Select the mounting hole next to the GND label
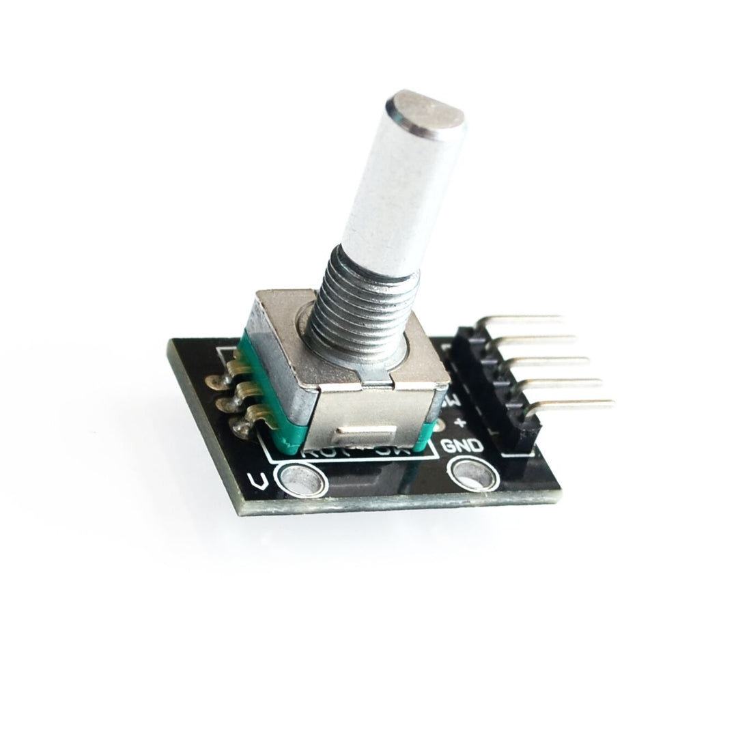(470, 472)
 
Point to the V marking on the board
(258, 482)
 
